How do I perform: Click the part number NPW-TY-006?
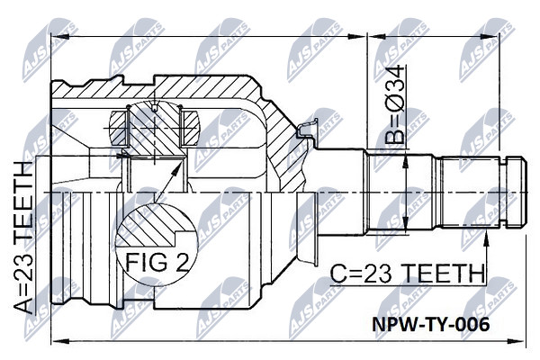tap(430, 324)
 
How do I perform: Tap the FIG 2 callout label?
tap(157, 261)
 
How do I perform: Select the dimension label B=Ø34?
tap(395, 103)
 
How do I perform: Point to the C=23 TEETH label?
tap(407, 274)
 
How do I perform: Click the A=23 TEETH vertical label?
tap(23, 237)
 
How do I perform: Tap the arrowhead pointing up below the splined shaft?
tap(486, 238)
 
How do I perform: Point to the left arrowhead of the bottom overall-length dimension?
tap(58, 341)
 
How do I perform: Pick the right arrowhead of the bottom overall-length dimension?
tap(518, 341)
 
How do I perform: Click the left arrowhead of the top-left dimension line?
tap(58, 36)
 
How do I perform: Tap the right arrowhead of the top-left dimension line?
tap(356, 36)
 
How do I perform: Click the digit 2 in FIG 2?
tap(181, 261)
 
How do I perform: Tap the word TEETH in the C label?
tap(443, 274)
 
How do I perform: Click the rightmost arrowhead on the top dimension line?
tap(490, 36)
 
